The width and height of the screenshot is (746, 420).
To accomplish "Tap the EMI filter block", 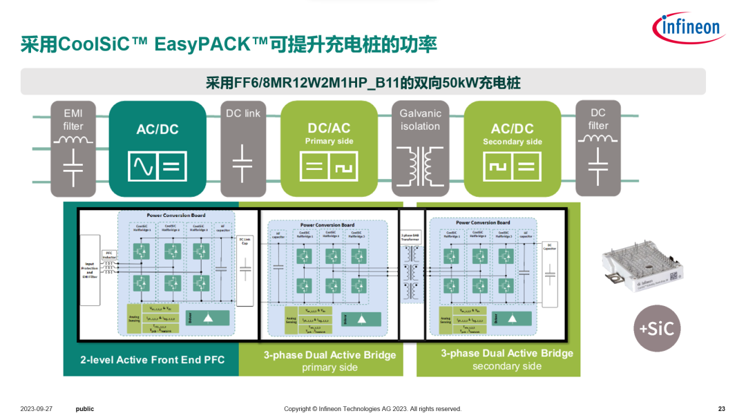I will click(73, 149).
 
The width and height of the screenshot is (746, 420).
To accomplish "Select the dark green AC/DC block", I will click(158, 149).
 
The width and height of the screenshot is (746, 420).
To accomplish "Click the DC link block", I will click(243, 149).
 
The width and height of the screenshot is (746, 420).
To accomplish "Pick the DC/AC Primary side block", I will click(329, 149).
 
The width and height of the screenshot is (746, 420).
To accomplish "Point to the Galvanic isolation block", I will click(420, 149).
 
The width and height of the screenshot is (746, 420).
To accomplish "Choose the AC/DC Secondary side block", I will click(512, 149).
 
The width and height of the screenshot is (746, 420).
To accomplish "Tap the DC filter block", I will click(598, 149).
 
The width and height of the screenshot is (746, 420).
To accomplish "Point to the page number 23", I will click(722, 409).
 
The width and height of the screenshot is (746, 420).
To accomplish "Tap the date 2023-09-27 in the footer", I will click(37, 409).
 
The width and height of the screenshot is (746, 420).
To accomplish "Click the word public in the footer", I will click(85, 409).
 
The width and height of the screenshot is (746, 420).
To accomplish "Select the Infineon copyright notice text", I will click(372, 409).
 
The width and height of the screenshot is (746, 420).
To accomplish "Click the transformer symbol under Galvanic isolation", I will click(420, 166).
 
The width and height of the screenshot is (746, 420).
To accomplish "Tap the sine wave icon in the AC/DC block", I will click(144, 166).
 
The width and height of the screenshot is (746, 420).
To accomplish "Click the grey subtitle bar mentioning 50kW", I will click(363, 82).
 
